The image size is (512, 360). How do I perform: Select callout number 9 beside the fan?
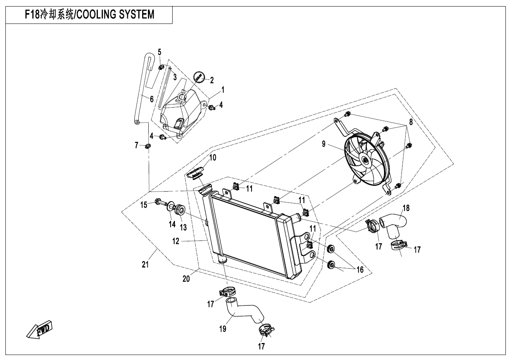pos(324,144)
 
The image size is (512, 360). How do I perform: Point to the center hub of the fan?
pos(364,160)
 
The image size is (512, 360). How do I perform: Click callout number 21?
pos(145,264)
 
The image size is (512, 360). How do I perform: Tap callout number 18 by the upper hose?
pos(406,209)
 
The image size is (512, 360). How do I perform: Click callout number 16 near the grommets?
pos(360,270)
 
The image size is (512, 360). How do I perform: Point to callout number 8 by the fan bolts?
pos(411,122)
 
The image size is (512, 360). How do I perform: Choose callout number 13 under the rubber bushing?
pos(183,227)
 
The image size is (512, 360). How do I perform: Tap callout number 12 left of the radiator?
pos(176,241)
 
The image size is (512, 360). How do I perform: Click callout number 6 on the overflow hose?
pos(152,99)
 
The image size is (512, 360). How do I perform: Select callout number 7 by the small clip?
pos(136,145)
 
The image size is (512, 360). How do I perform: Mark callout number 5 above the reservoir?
pos(159,52)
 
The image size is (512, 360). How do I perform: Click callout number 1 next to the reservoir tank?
pos(223,90)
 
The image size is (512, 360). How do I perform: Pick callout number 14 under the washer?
pos(171,224)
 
